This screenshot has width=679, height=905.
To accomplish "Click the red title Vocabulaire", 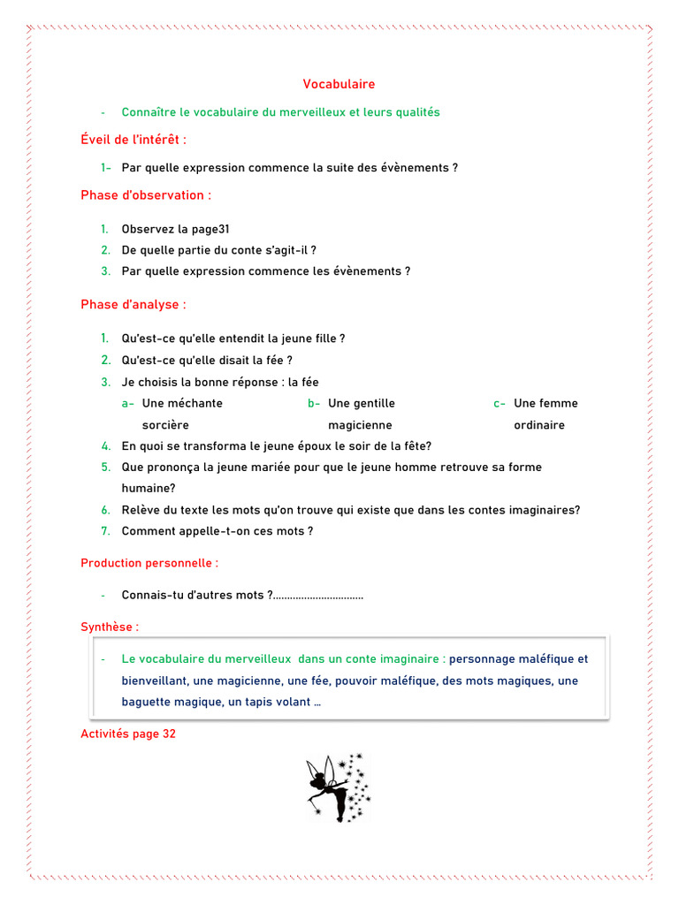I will (339, 84).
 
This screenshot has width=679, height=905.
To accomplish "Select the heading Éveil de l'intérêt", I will (134, 140).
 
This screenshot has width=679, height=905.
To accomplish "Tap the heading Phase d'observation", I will (146, 194).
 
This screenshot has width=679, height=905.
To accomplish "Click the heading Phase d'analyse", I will (134, 304).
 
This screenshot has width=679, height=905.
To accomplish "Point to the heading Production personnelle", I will (149, 562).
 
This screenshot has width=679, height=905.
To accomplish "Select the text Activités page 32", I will (128, 734).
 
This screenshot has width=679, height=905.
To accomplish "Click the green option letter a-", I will (128, 403).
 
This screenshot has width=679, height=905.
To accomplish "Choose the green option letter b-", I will (314, 403).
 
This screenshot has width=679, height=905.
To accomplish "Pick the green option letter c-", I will (500, 403).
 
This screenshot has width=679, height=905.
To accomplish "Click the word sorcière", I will (165, 425).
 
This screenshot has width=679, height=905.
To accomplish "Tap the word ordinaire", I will (539, 425).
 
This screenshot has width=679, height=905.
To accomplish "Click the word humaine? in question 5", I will (149, 487).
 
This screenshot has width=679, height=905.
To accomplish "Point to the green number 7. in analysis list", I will (105, 531).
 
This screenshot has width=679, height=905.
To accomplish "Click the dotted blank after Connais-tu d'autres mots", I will (319, 596).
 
